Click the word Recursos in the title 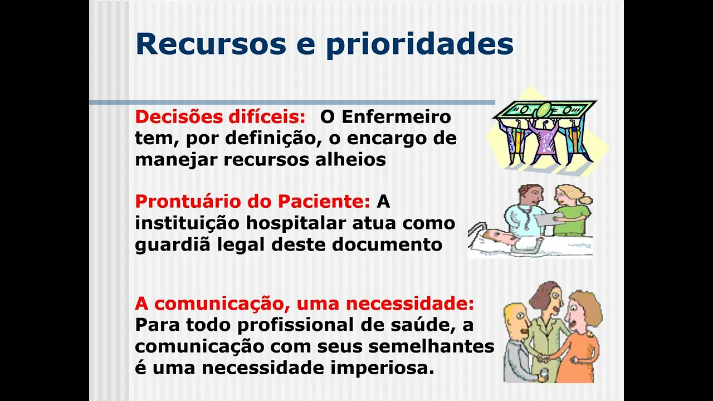click(211, 43)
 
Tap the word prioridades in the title click(420, 45)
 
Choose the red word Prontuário click(188, 201)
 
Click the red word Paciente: click(324, 201)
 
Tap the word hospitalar click(296, 224)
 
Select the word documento click(387, 244)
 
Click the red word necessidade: click(410, 304)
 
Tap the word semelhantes click(431, 346)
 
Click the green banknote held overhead click(545, 110)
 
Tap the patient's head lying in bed click(497, 237)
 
